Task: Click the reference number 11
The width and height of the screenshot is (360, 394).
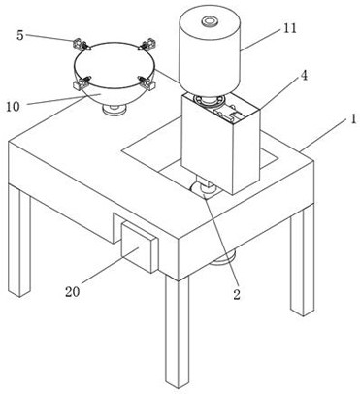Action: point(290,28)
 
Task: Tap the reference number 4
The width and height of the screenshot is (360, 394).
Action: point(304,76)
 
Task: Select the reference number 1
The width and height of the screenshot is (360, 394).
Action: point(353,118)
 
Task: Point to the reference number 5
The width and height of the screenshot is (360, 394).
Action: point(20,35)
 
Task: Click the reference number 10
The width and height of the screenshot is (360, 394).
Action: point(14,107)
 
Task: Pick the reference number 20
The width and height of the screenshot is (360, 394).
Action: point(72,292)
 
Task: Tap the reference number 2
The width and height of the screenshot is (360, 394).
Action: point(237,294)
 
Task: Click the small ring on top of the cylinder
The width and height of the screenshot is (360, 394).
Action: point(210,21)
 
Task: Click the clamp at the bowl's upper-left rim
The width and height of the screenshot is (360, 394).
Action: point(81,45)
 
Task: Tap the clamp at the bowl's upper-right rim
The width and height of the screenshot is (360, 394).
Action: point(147,44)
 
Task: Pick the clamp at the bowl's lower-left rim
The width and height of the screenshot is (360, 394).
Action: point(82,82)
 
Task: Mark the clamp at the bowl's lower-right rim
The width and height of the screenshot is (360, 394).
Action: point(147,82)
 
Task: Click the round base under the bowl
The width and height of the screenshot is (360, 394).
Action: point(114,110)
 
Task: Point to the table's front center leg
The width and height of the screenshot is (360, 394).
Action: point(178,333)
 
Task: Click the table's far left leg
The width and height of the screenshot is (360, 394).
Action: point(19,242)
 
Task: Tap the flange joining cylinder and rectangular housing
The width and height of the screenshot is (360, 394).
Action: point(210,99)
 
